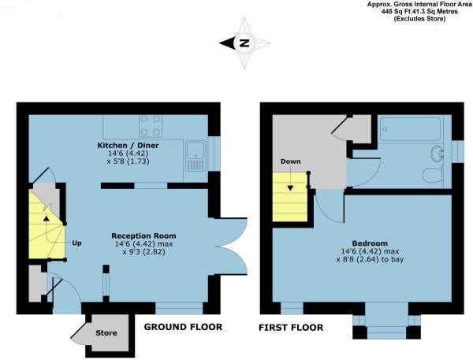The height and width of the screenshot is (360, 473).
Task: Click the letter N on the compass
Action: [x=244, y=43]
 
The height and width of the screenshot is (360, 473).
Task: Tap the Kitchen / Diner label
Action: [x=128, y=145]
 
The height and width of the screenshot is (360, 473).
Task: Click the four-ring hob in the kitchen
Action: [x=151, y=126]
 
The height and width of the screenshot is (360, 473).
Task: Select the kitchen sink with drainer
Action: [x=196, y=156]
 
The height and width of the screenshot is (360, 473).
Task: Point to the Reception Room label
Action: [x=143, y=236]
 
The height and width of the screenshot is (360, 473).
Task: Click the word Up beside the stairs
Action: [x=76, y=243]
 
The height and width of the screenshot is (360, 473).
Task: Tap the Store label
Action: [x=106, y=333]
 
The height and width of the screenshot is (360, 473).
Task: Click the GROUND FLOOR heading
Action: [x=183, y=327]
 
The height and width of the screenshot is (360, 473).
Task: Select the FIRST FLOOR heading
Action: [x=291, y=328]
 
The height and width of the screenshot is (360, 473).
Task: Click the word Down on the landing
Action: [x=290, y=161]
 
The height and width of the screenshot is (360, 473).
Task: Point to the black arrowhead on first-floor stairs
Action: [x=290, y=187]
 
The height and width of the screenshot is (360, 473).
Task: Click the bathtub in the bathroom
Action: [x=410, y=128]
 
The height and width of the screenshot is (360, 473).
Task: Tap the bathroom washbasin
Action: [x=436, y=153]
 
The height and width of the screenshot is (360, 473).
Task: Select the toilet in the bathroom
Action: [x=432, y=175]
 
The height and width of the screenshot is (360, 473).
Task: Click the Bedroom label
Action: [x=370, y=243]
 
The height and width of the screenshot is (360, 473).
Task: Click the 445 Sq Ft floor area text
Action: [x=401, y=12]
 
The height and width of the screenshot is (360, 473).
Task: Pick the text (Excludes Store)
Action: [x=419, y=19]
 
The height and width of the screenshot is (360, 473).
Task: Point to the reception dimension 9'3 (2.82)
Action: [x=143, y=252]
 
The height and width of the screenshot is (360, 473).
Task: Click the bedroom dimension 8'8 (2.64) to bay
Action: [x=370, y=259]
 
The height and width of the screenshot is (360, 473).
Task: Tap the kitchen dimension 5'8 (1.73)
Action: [x=128, y=161]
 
